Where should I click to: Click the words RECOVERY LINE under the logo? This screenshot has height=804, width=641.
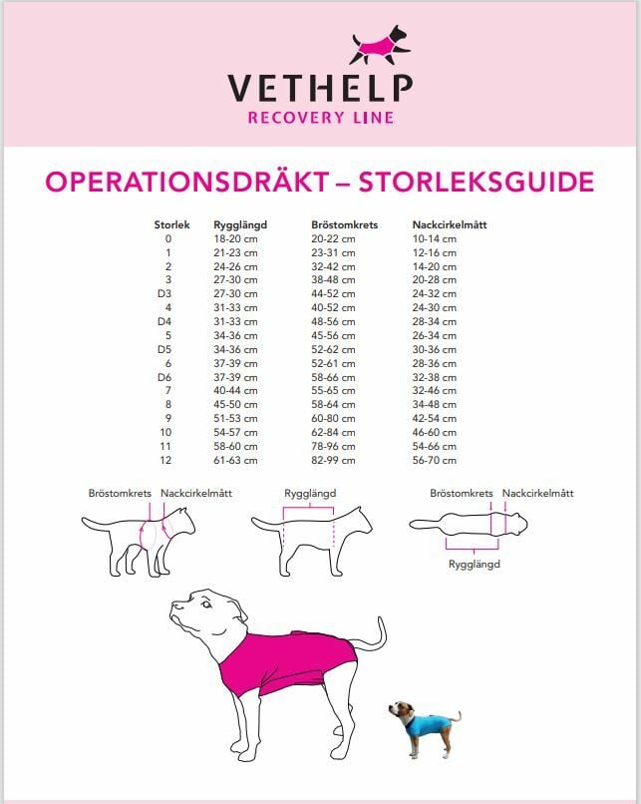click(x=320, y=118)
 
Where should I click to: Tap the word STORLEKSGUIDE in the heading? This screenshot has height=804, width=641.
click(x=476, y=183)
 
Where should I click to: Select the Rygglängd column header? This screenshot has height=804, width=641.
click(x=240, y=225)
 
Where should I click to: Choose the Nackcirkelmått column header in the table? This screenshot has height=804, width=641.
click(x=450, y=225)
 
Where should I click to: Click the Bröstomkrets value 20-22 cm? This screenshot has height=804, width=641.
click(x=334, y=239)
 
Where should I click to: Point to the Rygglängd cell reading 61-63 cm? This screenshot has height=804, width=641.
click(x=235, y=460)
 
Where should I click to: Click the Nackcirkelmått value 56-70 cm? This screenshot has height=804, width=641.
click(x=435, y=460)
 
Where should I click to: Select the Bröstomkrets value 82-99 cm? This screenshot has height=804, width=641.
click(x=334, y=460)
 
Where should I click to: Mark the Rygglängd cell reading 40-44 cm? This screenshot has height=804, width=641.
click(x=235, y=391)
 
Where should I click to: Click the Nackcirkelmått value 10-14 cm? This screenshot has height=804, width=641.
click(x=435, y=239)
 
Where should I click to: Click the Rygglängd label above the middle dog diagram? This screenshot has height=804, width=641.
click(x=310, y=494)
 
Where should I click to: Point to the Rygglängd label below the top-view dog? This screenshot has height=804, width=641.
click(x=475, y=565)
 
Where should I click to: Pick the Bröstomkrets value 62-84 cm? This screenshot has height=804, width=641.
click(x=334, y=432)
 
